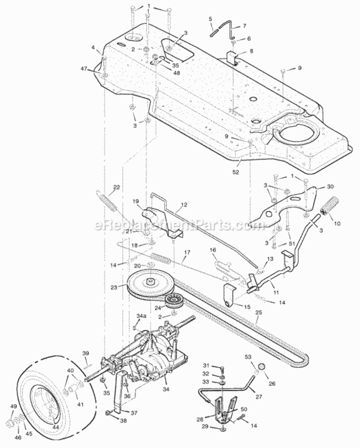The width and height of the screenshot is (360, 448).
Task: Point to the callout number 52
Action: tap(236, 172)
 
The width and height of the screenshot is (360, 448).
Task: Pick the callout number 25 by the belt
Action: tap(258, 313)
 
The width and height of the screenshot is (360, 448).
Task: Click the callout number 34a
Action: tap(141, 316)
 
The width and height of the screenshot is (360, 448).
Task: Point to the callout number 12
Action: tap(184, 204)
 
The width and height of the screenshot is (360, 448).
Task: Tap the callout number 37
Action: tap(134, 413)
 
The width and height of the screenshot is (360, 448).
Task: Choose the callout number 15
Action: tap(247, 307)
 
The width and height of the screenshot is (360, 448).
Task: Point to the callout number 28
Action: tap(200, 420)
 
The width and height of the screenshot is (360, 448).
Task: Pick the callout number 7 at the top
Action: tap(244, 26)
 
